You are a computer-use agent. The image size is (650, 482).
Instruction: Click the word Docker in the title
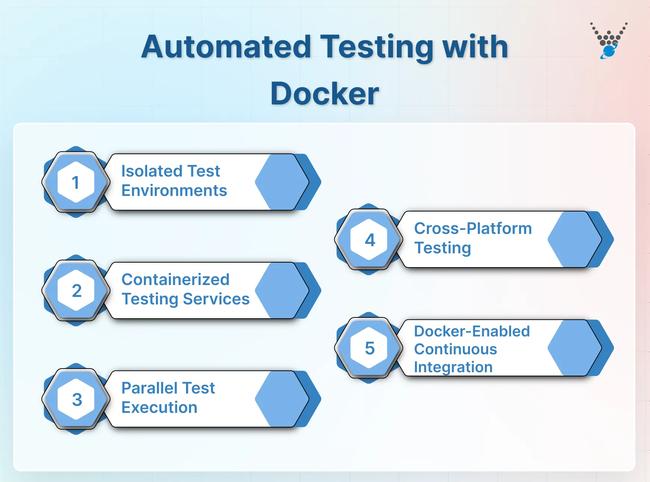[x=324, y=94]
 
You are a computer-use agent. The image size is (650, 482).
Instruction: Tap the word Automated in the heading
[x=226, y=47]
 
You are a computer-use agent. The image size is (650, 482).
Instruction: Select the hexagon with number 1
[x=76, y=182]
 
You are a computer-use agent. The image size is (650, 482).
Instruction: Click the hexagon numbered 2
[x=76, y=291]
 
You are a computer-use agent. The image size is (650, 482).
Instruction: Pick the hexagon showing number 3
[x=76, y=399]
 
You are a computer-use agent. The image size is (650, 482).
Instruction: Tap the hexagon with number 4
[x=369, y=240]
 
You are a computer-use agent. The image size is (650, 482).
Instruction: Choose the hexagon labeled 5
[x=369, y=348]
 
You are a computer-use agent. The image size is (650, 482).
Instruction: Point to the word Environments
[x=174, y=191]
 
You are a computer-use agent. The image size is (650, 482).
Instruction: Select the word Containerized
[x=175, y=280]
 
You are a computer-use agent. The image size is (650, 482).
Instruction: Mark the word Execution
[x=159, y=408]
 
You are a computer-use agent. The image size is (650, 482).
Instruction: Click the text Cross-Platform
[x=473, y=229]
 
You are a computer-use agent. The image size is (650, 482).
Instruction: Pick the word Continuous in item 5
[x=455, y=350]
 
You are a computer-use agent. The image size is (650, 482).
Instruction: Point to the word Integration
[x=453, y=367]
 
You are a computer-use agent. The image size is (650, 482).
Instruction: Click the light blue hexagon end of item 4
[x=574, y=240]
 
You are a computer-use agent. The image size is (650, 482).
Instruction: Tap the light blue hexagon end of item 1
[x=281, y=182]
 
